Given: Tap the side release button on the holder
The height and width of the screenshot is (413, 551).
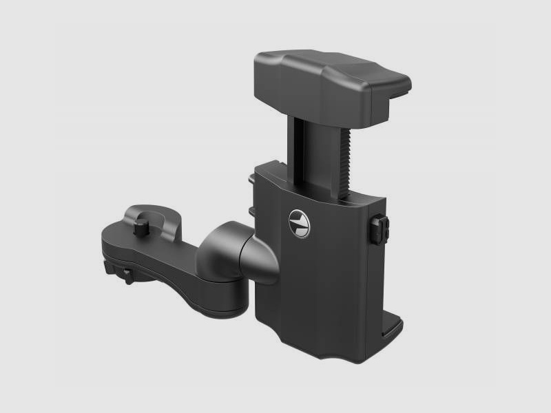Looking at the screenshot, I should click(381, 229).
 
